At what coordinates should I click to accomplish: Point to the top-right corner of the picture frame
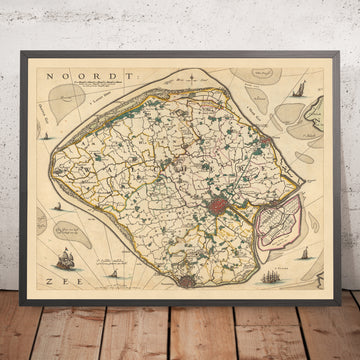point(338,48)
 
